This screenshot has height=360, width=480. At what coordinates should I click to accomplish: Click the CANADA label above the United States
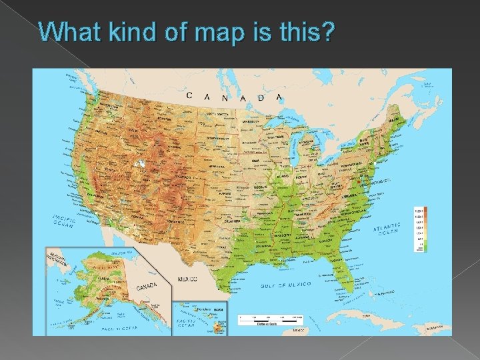(234, 97)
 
